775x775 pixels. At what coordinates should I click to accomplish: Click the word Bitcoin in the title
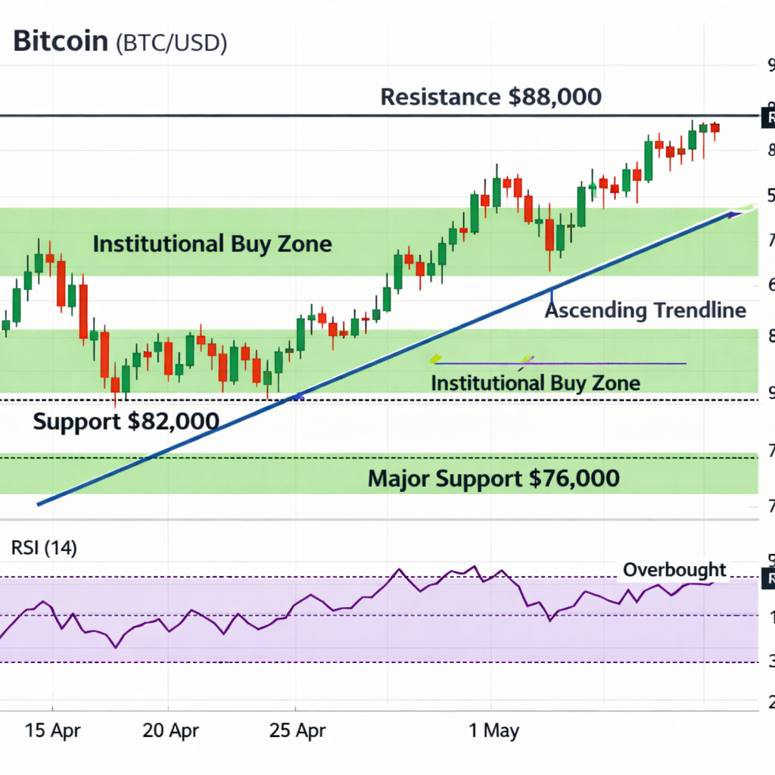click(x=61, y=42)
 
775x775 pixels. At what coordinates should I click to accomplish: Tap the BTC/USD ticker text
click(x=171, y=43)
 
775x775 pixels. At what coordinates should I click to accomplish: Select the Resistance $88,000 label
click(x=491, y=97)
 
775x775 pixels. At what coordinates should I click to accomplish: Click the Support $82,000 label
click(x=126, y=422)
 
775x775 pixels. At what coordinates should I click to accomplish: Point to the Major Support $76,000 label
click(x=493, y=478)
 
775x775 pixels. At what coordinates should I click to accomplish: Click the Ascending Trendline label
click(x=646, y=310)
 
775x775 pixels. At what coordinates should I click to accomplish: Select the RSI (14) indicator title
click(x=44, y=548)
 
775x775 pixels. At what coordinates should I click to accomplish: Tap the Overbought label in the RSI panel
click(x=674, y=570)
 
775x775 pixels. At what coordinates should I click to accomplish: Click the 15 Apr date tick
click(x=53, y=730)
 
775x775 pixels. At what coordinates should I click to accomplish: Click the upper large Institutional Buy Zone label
click(x=212, y=244)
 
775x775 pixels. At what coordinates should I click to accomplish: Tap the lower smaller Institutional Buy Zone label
click(x=535, y=383)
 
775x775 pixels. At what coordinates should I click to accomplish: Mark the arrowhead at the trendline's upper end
click(x=732, y=215)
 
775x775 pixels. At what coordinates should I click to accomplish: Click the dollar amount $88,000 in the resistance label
click(x=555, y=97)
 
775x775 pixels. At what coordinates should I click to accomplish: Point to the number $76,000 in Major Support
click(x=573, y=478)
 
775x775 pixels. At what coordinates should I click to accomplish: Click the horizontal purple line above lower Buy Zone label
click(x=560, y=364)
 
